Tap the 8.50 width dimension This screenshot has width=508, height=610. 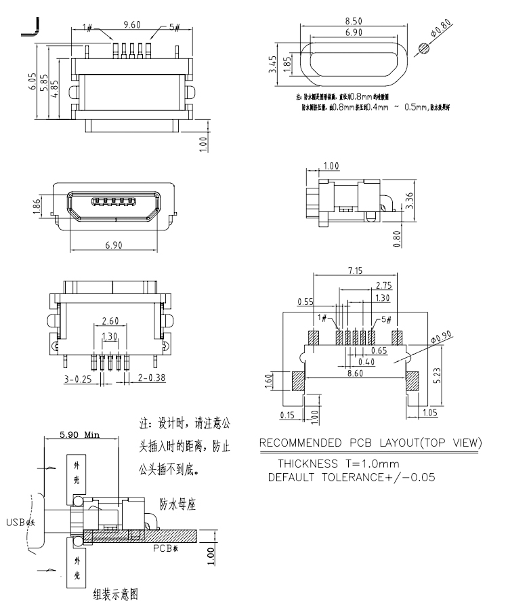(x=352, y=21)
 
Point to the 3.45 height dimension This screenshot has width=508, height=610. (x=272, y=66)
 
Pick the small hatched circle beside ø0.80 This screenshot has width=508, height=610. (x=424, y=48)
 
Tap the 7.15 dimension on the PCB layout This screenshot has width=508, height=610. (x=354, y=271)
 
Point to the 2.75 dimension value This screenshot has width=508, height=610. (x=383, y=285)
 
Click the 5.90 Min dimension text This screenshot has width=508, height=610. (x=76, y=434)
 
